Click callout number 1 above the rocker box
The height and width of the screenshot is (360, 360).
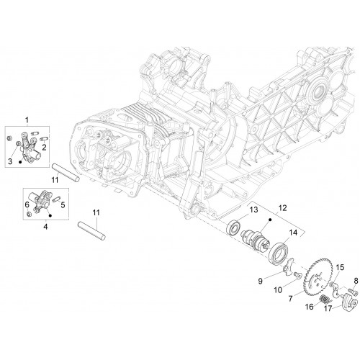27,120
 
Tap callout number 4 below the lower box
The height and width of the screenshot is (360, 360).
45,226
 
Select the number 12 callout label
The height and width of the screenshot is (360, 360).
282,208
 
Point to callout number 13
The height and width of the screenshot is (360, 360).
253,210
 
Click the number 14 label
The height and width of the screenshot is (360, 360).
293,233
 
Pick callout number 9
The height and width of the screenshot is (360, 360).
261,281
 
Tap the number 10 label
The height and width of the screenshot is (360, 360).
278,290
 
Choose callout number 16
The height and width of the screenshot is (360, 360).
310,307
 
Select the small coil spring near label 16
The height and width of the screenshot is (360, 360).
325,300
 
